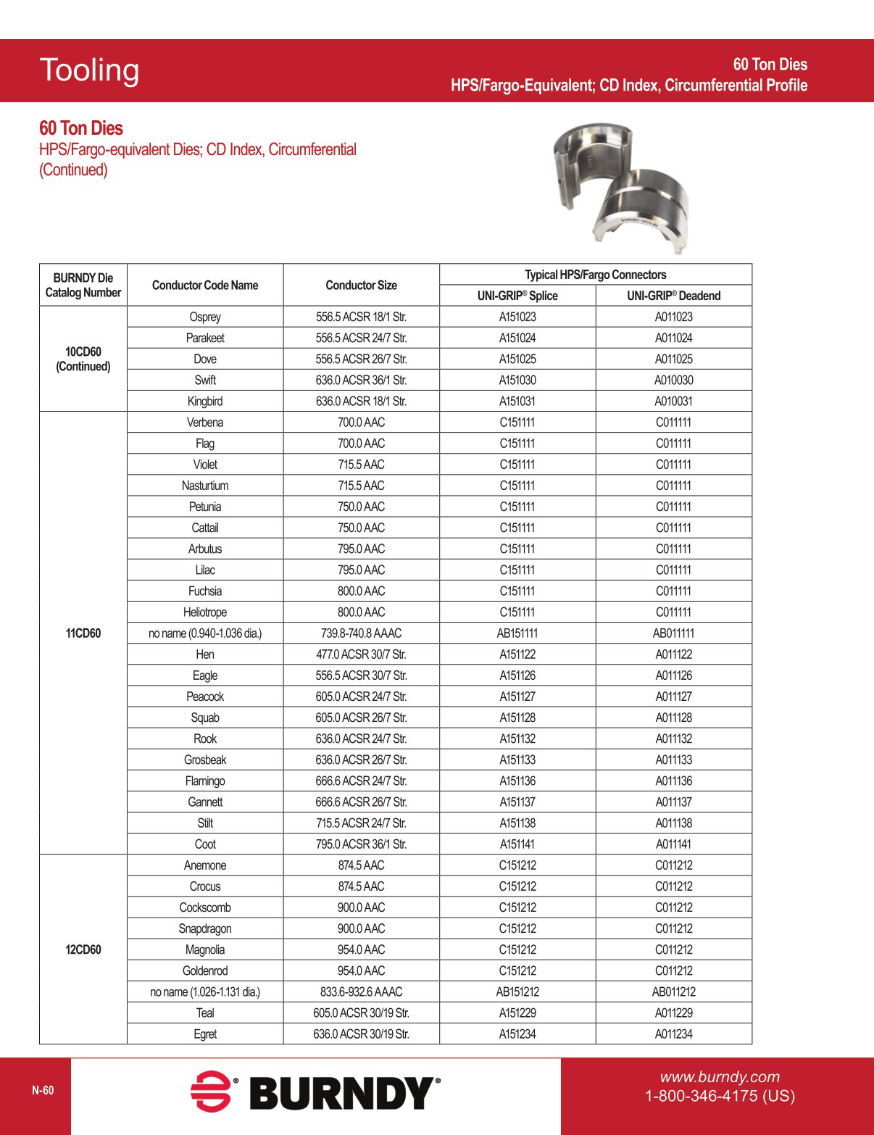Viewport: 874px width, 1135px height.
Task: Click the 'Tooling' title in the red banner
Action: (89, 70)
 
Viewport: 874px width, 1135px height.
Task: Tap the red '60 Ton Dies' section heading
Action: (81, 128)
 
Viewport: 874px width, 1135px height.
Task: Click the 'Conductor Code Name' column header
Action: (205, 285)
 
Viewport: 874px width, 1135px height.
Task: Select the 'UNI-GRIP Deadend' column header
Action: (673, 296)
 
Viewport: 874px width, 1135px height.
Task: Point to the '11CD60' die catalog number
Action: (83, 633)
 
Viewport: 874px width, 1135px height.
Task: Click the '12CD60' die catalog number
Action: (83, 949)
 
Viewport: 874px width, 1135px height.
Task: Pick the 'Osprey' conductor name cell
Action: (205, 317)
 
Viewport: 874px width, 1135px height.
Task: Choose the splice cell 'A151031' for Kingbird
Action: (517, 401)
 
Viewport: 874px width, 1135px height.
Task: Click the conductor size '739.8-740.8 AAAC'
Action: (361, 633)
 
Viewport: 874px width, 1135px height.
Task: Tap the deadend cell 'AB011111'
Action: (673, 633)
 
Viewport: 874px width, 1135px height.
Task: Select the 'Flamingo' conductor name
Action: (205, 781)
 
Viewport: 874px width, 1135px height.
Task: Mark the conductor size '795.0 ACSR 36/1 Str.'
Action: (361, 844)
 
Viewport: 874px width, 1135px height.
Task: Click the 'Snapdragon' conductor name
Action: (205, 928)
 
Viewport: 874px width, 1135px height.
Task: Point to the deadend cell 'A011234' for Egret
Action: (673, 1034)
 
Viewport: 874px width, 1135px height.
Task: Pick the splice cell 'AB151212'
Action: (517, 991)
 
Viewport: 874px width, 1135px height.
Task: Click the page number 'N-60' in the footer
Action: (43, 1091)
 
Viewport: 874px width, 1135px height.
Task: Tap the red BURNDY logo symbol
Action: (211, 1092)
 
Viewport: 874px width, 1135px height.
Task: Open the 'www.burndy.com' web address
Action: (719, 1077)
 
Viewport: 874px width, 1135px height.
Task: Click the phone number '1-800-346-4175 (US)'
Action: (720, 1096)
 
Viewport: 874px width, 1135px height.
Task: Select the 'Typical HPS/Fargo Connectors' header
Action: (595, 275)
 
